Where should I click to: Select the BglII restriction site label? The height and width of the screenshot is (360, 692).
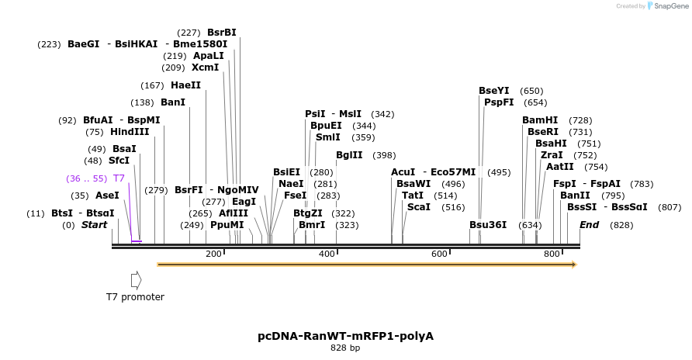349,155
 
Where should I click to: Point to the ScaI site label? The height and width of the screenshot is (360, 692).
419,207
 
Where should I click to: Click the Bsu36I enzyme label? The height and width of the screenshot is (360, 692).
488,225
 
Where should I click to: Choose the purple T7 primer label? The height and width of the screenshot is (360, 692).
119,178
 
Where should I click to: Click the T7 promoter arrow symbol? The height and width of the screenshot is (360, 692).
136,279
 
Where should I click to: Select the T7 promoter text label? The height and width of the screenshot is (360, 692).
136,296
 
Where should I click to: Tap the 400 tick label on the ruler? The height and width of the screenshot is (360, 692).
327,254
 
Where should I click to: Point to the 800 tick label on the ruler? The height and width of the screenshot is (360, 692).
552,254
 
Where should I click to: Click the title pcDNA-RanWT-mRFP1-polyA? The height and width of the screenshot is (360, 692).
345,336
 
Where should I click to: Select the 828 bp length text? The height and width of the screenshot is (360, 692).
345,348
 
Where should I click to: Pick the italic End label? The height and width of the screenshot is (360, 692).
589,225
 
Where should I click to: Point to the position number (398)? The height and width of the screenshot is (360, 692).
384,155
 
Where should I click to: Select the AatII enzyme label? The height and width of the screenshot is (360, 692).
560,167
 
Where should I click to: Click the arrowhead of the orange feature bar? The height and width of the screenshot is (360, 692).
573,265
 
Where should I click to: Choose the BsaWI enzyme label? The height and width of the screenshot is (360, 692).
413,184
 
